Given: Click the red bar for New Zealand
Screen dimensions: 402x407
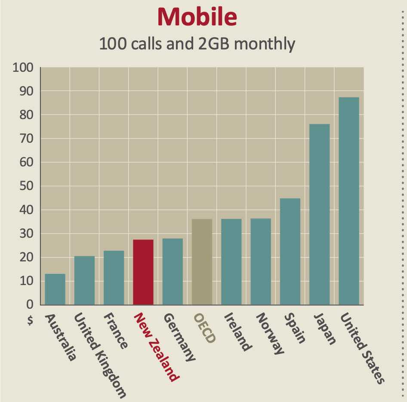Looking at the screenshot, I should pyautogui.click(x=143, y=272).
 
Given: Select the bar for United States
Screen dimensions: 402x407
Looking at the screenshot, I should pyautogui.click(x=348, y=201).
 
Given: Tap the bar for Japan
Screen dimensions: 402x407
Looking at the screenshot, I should pyautogui.click(x=319, y=214).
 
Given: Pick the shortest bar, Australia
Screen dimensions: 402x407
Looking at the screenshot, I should pyautogui.click(x=55, y=289).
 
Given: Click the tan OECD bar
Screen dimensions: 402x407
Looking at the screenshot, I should pyautogui.click(x=202, y=262).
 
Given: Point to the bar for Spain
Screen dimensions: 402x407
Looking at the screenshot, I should pyautogui.click(x=290, y=252).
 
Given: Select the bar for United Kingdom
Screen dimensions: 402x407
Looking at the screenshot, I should pyautogui.click(x=84, y=280).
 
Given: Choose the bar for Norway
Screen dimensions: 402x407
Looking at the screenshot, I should pyautogui.click(x=261, y=261).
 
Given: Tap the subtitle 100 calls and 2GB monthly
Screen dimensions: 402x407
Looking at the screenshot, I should pyautogui.click(x=197, y=44).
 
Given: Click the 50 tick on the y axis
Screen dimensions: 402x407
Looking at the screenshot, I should pyautogui.click(x=26, y=187).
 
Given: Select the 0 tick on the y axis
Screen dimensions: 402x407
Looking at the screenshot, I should pyautogui.click(x=30, y=305).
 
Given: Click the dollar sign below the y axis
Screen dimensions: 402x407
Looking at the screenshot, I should pyautogui.click(x=29, y=322).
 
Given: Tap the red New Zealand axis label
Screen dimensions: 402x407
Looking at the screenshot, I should pyautogui.click(x=156, y=347).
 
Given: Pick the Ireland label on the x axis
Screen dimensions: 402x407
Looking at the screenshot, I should pyautogui.click(x=237, y=331).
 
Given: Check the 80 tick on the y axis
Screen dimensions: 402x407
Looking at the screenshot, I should pyautogui.click(x=26, y=115).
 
